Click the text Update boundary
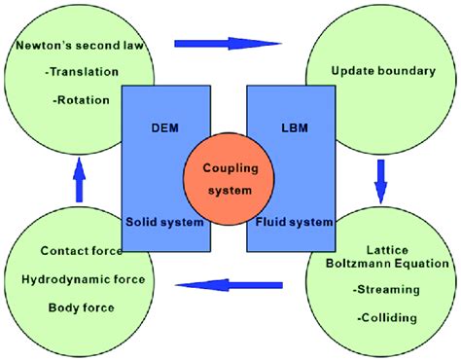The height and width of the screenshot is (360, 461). (x=379, y=71)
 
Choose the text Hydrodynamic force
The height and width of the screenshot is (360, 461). (x=83, y=280)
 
